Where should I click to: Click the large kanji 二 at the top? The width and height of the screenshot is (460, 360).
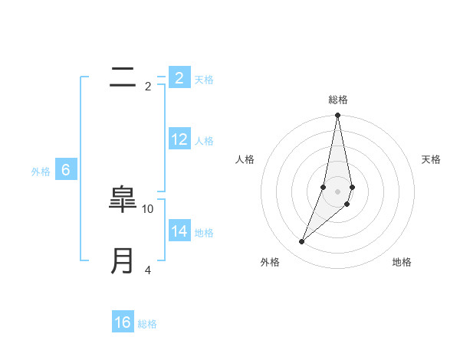(123, 77)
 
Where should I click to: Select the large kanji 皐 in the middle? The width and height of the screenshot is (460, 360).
(123, 200)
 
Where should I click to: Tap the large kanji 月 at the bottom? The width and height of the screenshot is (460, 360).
(123, 261)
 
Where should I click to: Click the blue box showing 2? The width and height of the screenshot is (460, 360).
(179, 77)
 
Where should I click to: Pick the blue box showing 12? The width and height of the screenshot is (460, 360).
(179, 139)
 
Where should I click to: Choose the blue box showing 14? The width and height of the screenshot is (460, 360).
(179, 231)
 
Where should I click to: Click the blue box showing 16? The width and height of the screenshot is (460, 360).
(123, 322)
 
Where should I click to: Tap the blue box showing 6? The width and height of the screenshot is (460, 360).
(66, 170)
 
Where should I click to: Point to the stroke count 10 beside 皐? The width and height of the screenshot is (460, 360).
(148, 208)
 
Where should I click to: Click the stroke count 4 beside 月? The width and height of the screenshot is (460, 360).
(148, 270)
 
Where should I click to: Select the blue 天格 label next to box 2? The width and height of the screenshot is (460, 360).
(204, 80)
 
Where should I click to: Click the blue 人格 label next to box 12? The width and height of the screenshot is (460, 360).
(204, 141)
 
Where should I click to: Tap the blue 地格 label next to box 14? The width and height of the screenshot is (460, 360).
(204, 233)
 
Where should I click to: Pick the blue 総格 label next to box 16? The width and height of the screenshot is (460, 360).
(147, 325)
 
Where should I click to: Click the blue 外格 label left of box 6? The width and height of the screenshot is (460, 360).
(41, 172)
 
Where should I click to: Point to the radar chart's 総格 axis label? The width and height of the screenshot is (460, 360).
(337, 100)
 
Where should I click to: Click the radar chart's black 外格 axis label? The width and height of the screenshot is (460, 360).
(269, 262)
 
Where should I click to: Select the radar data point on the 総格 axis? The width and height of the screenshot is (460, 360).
(337, 116)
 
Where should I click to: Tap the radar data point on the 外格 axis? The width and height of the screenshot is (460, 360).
(302, 242)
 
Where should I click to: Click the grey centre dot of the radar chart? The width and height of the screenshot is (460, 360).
(337, 191)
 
